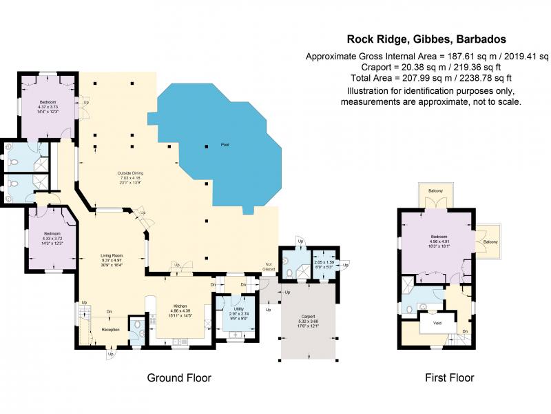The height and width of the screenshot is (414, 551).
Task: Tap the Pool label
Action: click(225, 145)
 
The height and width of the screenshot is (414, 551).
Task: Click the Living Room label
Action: click(111, 255)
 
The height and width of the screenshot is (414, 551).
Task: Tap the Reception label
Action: click(111, 330)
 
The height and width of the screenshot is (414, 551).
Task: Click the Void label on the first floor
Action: click(437, 322)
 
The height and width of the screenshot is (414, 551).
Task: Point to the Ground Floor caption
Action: click(179, 378)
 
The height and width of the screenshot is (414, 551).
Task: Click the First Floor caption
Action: click(450, 378)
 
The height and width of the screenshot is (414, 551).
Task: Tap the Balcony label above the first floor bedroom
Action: click(435, 190)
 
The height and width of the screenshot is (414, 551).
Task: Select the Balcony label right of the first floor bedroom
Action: click(490, 241)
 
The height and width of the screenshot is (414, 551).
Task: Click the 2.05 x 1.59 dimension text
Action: click(324, 262)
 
